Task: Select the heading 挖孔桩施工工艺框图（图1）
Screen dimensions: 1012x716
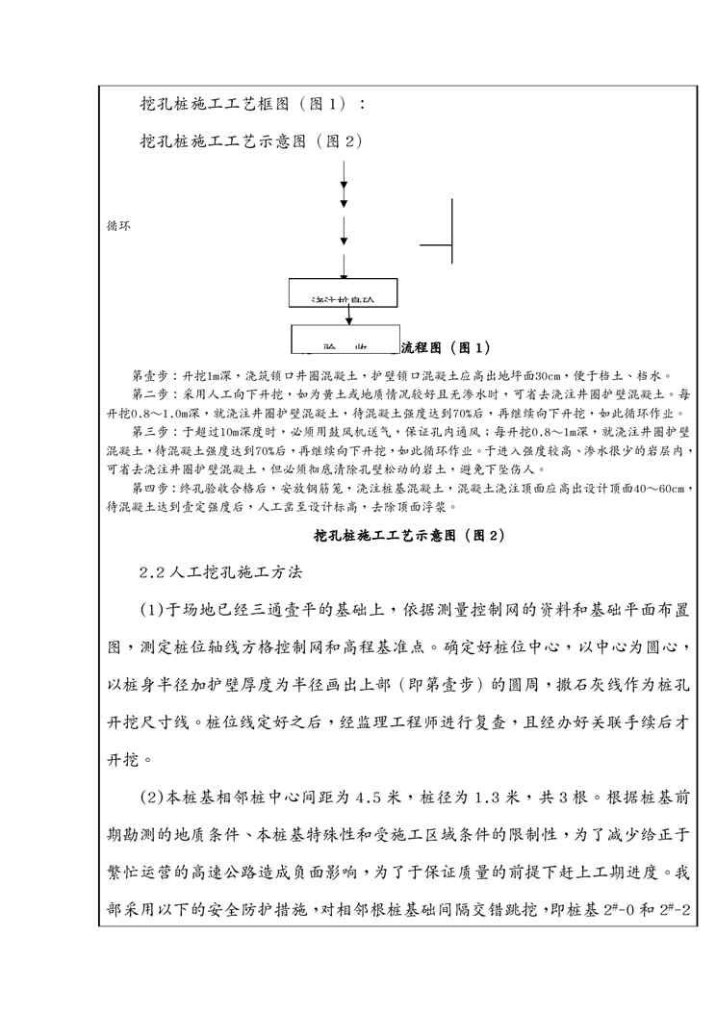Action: [x=252, y=103]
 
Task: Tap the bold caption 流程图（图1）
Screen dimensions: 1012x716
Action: [x=445, y=346]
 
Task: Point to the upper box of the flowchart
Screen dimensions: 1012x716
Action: [x=343, y=295]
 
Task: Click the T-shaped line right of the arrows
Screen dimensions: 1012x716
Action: [x=450, y=231]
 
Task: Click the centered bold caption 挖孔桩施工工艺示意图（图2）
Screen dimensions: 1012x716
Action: [x=410, y=535]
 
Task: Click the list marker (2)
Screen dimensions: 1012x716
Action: [x=154, y=797]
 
